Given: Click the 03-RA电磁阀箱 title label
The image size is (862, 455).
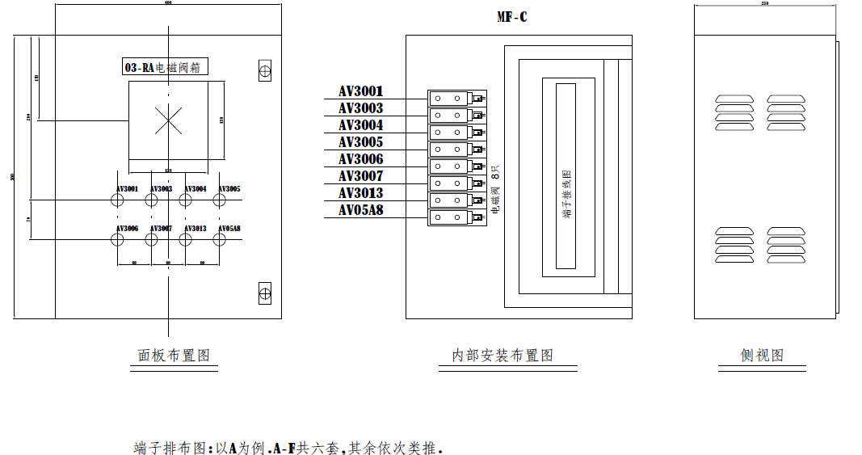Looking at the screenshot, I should click(x=166, y=68).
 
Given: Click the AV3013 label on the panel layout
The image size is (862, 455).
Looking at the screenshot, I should click(x=195, y=229).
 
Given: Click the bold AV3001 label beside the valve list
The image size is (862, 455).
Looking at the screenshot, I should click(x=361, y=91).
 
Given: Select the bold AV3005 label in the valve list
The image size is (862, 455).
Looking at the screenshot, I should click(x=361, y=142).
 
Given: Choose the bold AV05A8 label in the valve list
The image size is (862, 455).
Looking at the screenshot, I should click(x=361, y=210).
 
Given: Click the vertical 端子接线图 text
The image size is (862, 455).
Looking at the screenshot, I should click(x=567, y=195).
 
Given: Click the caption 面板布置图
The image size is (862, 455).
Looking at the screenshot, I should click(x=174, y=355).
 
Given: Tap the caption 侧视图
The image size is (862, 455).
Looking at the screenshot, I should click(x=762, y=355).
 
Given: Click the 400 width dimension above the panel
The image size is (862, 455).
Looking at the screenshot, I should click(x=168, y=3).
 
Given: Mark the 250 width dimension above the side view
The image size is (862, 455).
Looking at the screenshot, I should click(x=764, y=3).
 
